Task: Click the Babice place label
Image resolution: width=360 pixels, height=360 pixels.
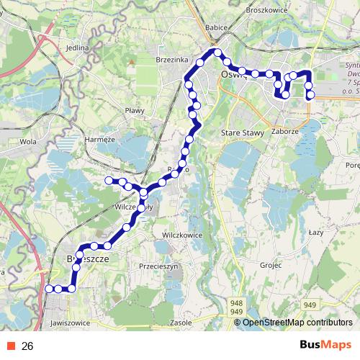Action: (217, 27)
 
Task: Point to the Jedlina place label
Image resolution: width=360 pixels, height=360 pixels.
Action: (76, 48)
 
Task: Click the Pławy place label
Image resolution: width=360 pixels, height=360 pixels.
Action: (135, 110)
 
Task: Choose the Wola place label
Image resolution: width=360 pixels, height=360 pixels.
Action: (28, 142)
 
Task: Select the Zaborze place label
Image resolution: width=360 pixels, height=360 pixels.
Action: (285, 132)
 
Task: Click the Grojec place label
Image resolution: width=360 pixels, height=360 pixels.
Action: (271, 265)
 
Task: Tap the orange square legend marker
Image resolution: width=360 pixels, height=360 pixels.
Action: (9, 346)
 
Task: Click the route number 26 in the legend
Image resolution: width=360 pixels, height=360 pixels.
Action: (27, 346)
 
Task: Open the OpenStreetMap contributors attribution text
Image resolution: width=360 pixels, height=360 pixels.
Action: (297, 323)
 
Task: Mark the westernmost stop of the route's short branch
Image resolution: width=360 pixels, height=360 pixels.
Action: (109, 180)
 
